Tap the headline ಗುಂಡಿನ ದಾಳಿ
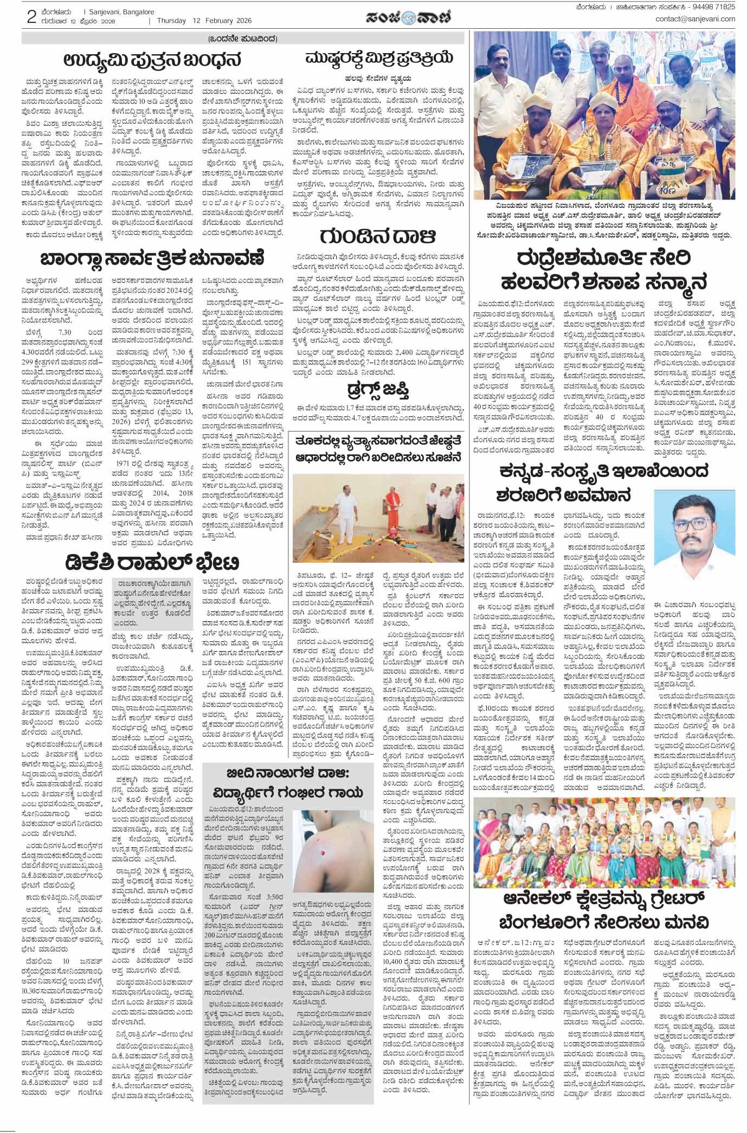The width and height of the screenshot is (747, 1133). (378, 236)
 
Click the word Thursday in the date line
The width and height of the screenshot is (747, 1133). (171, 21)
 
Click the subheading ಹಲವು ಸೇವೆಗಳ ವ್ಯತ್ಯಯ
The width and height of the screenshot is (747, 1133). (378, 78)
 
